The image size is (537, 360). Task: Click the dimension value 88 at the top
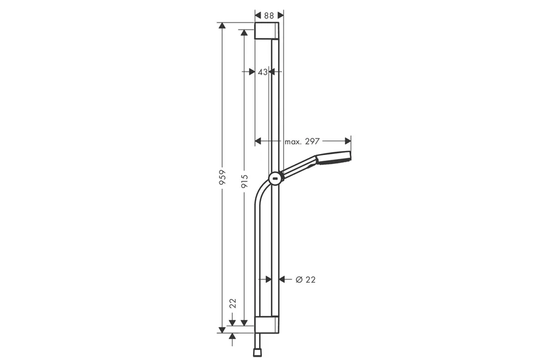pos(269,16)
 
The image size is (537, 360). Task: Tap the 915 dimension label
pos(244,181)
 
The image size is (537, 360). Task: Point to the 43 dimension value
pos(263,72)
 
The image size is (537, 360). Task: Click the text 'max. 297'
pos(302,141)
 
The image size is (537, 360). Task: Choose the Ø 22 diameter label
pos(305,280)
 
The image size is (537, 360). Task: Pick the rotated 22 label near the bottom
pos(233,304)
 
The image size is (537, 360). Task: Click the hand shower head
pos(333,158)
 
